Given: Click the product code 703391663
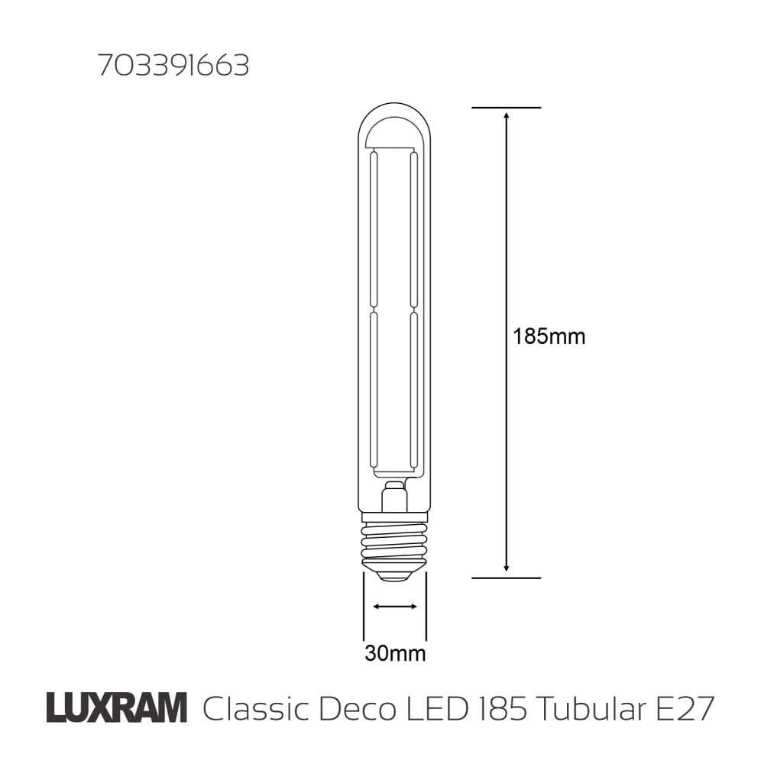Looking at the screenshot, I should pos(173,67).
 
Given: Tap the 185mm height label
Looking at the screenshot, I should pos(549,336).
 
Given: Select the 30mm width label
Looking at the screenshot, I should pos(394,654).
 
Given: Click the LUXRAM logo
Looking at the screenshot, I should pos(116,708).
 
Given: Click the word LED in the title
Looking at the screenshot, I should pos(439,709).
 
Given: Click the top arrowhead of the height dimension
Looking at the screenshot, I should pos(506,115).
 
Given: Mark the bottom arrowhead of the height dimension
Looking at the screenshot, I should pos(506,570).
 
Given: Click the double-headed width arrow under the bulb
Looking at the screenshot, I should pos(394,607).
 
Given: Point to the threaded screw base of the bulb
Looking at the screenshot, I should pos(394,539).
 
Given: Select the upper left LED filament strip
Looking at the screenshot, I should pos(374,229).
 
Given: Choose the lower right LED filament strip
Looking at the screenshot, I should pos(413,390).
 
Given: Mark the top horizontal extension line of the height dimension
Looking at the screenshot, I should pos(506,108).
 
